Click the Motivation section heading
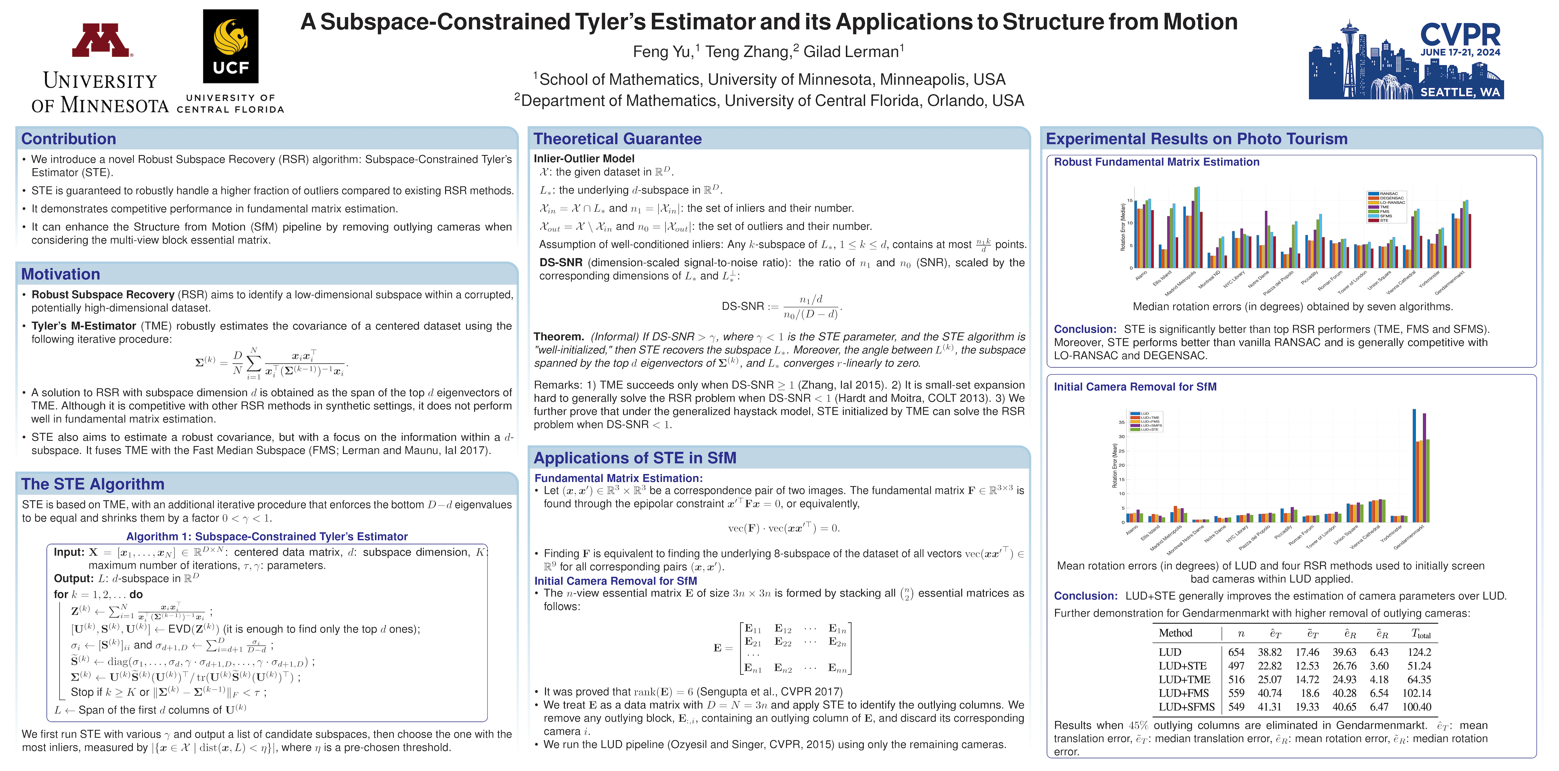[61, 274]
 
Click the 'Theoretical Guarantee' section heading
[617, 139]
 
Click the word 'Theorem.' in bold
[558, 337]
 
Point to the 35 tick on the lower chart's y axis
[1121, 422]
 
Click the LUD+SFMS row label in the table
[1186, 707]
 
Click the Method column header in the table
[1175, 633]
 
